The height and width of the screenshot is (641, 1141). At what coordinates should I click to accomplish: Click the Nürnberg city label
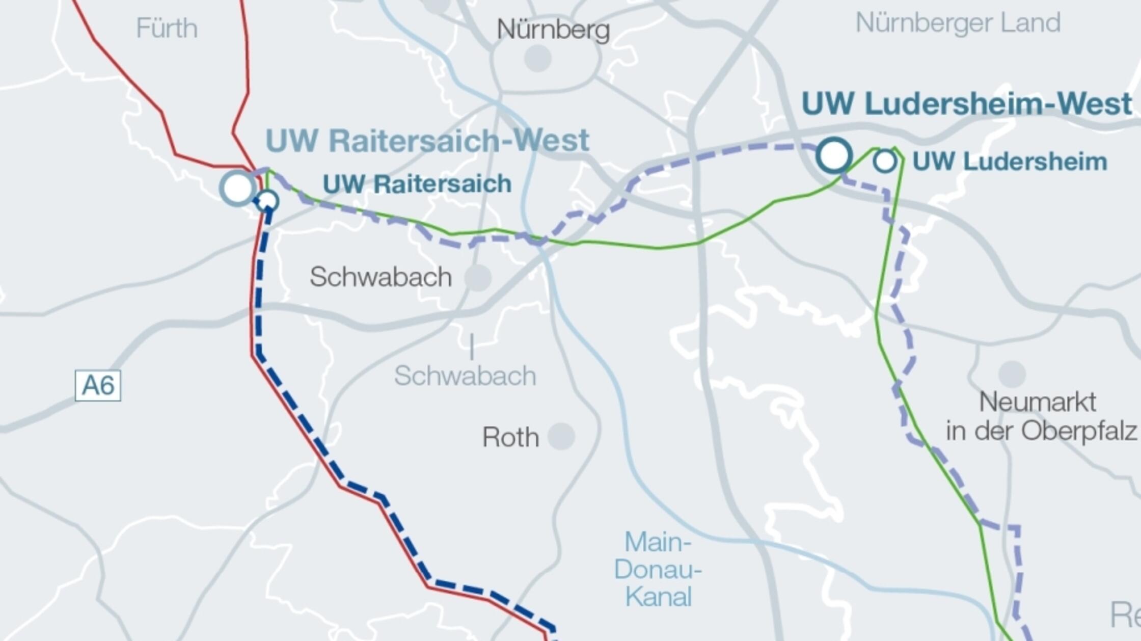click(x=553, y=30)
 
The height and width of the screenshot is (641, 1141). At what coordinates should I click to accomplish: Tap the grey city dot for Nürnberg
click(x=537, y=58)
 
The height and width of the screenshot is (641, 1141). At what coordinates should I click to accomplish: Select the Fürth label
click(x=167, y=28)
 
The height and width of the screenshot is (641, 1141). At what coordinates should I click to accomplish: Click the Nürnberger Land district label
click(x=958, y=23)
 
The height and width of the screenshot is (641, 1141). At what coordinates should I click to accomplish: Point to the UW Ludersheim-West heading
click(x=966, y=104)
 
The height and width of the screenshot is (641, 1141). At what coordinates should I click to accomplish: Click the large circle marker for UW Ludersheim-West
click(x=834, y=155)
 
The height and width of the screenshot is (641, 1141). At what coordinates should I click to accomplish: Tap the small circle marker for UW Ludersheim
click(x=885, y=161)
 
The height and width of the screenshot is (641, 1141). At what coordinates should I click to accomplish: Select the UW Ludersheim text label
click(x=1010, y=162)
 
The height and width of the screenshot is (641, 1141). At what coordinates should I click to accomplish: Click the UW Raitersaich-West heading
click(x=427, y=141)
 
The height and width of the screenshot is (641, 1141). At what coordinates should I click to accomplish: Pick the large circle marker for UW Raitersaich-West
click(x=237, y=188)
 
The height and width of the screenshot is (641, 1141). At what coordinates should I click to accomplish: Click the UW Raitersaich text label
click(x=417, y=184)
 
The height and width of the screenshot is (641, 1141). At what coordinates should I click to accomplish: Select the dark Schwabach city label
click(x=381, y=277)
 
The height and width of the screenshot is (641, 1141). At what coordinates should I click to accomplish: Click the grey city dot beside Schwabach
click(x=478, y=278)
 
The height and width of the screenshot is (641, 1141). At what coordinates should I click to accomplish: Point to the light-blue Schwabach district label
click(x=465, y=376)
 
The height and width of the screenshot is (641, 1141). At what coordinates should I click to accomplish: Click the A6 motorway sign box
click(x=98, y=386)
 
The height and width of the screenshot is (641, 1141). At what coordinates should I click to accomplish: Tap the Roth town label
click(x=510, y=437)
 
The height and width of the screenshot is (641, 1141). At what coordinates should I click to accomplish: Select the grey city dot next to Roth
click(x=561, y=436)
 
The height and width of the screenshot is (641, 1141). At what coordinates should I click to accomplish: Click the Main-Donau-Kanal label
click(x=658, y=569)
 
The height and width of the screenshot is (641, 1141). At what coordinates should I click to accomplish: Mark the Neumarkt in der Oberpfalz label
click(x=1041, y=416)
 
